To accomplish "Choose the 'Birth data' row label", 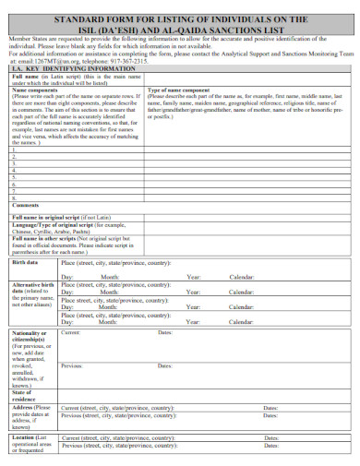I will (25, 262).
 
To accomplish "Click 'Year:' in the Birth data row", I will (193, 276).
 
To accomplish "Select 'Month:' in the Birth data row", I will (109, 276).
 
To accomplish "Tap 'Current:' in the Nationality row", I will (71, 331).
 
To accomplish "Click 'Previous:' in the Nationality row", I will (72, 365).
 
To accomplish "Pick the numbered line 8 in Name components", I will (14, 196).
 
